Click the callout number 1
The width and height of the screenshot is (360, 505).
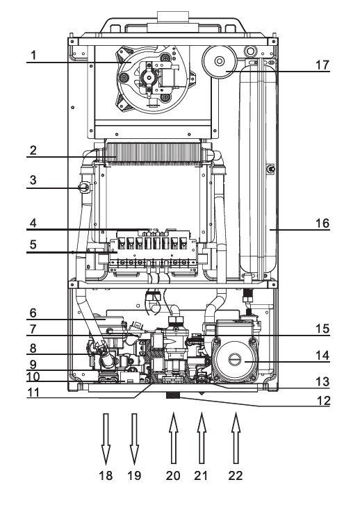[31, 54]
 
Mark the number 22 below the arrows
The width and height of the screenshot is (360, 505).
[237, 478]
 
